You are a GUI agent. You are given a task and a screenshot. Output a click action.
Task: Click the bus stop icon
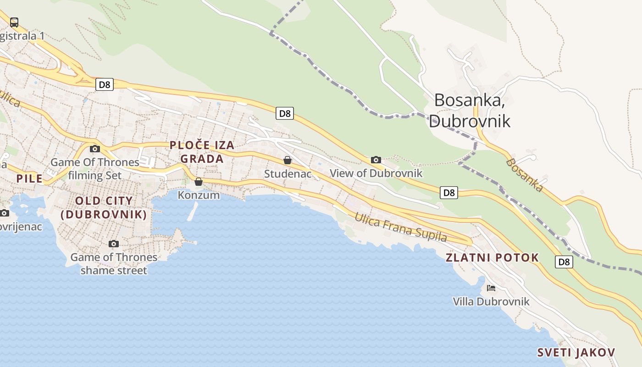(x=14, y=22)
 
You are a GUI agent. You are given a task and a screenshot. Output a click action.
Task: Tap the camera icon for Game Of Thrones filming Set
(x=95, y=149)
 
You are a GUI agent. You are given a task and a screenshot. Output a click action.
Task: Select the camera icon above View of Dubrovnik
(x=376, y=160)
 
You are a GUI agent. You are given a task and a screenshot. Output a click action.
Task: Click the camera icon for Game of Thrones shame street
(x=114, y=244)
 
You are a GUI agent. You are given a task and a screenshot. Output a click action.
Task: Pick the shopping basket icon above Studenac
(x=288, y=160)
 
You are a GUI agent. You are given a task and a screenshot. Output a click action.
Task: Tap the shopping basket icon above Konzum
(x=199, y=182)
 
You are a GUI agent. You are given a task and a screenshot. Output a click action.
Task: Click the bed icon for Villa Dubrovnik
(x=491, y=288)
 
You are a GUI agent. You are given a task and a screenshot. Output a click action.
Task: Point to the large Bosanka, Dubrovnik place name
(x=470, y=110)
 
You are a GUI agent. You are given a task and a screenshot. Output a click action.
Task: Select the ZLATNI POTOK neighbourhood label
(x=492, y=257)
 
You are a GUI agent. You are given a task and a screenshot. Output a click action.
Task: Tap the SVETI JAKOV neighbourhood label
(x=576, y=352)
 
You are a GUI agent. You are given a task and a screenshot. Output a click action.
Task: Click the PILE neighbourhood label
(x=29, y=178)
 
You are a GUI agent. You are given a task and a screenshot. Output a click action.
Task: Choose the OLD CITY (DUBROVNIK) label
(x=104, y=207)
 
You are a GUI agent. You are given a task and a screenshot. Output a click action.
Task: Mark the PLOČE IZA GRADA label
(x=202, y=152)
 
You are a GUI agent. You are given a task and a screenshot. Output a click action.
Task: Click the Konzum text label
(x=199, y=195)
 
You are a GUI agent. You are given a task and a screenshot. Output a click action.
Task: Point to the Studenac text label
(x=288, y=174)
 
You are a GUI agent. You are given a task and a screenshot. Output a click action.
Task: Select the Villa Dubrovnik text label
(x=491, y=301)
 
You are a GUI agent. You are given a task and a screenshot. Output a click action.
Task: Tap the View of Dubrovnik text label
(x=376, y=173)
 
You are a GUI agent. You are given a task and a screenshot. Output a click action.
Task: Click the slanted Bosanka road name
(x=525, y=175)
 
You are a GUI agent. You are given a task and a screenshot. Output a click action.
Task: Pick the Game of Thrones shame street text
(x=114, y=264)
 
